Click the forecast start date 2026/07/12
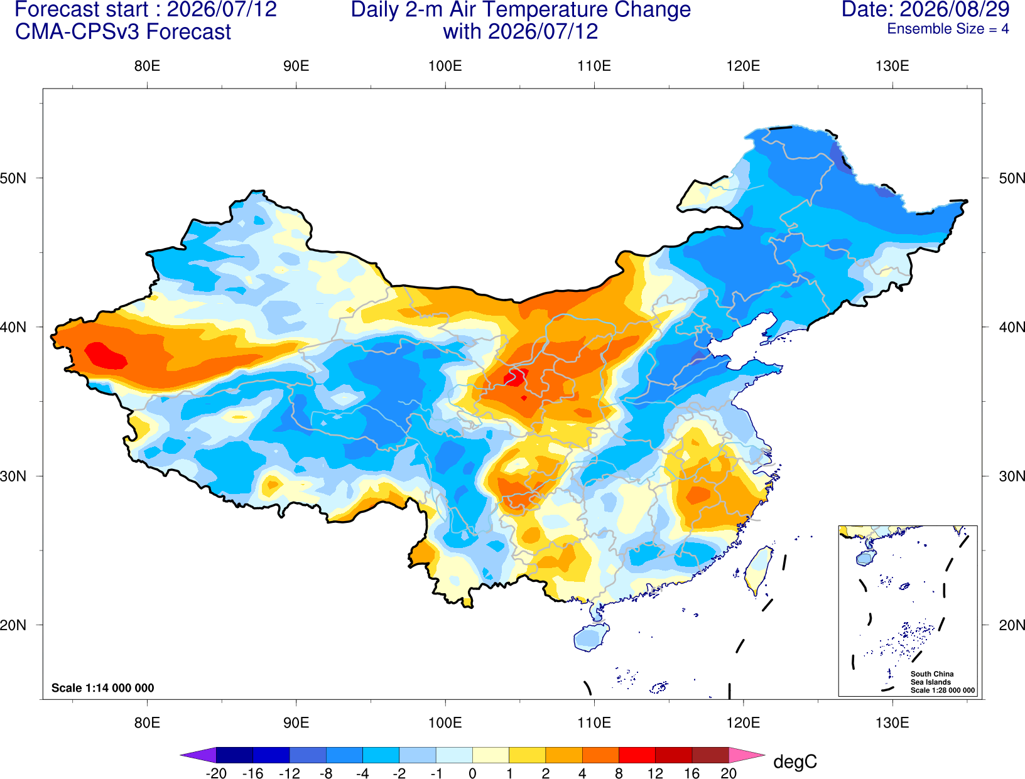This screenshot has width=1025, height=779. point(222,9)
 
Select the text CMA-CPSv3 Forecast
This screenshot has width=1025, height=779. point(123,32)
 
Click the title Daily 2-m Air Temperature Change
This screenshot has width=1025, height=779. point(521,9)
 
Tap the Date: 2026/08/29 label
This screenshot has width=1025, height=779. point(925,9)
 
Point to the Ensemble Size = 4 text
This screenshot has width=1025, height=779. point(948,29)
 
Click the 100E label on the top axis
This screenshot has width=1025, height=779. point(445,66)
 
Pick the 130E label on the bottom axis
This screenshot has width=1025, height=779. point(892,723)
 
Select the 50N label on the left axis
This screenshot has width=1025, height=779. point(13,178)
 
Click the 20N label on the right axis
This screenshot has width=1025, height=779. point(1012,625)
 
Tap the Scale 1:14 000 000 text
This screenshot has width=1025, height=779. point(103,687)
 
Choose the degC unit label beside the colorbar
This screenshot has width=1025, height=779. point(795,761)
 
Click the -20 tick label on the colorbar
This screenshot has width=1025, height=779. point(216,773)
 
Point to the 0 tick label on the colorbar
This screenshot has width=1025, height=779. point(472,773)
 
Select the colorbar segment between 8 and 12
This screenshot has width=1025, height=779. point(637,755)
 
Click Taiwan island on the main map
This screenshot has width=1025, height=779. point(757,571)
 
